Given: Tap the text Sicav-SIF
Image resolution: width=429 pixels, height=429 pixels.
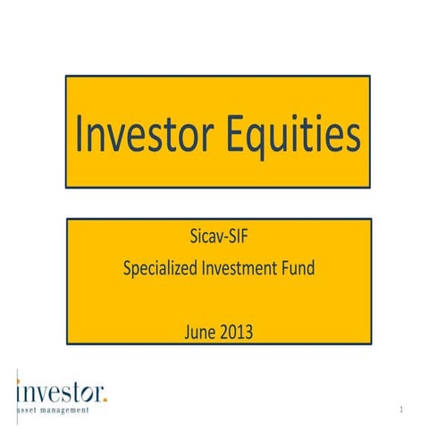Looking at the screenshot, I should [217, 239].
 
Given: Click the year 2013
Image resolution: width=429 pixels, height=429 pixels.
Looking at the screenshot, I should [237, 332].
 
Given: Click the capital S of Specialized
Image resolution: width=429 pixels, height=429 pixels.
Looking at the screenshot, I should [128, 267].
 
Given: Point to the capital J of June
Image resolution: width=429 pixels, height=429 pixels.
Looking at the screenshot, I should [187, 332].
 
